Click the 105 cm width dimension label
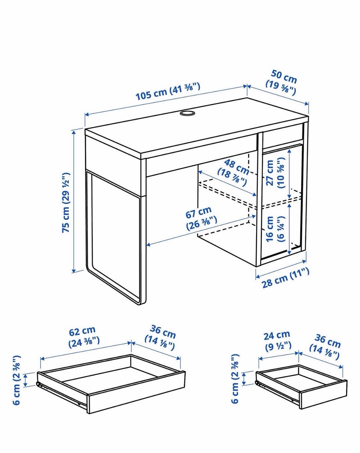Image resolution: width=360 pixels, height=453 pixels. click(x=168, y=92)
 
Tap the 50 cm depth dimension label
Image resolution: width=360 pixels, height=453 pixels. click(x=282, y=85)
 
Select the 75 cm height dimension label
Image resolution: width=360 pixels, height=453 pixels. click(x=66, y=203)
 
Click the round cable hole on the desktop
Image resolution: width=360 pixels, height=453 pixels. click(x=186, y=113)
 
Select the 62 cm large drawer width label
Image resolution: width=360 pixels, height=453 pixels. click(x=83, y=336)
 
